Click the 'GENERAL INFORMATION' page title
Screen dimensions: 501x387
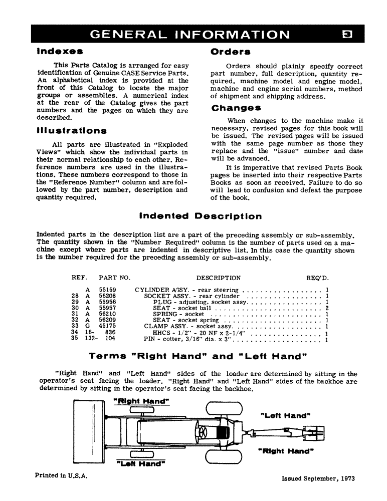pos(189,34)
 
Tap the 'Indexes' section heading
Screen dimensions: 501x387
pos(60,51)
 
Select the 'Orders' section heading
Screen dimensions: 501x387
pos(231,51)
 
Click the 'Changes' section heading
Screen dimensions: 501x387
pos(236,108)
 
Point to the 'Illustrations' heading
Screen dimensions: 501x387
pos(72,131)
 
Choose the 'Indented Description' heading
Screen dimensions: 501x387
pos(200,216)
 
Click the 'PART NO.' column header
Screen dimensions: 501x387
pos(114,278)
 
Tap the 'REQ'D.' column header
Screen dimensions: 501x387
pos(317,278)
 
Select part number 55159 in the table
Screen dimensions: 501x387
pos(108,290)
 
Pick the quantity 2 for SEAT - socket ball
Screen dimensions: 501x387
pos(327,308)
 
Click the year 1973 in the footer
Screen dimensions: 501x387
pos(345,478)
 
